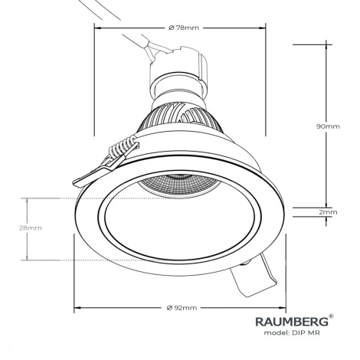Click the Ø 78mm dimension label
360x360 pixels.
click(182, 28)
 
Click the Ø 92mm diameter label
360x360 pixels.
click(182, 308)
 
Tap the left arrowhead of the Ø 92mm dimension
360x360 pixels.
click(76, 309)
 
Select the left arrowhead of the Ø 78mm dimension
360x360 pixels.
click(97, 28)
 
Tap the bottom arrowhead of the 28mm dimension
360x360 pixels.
click(29, 257)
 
